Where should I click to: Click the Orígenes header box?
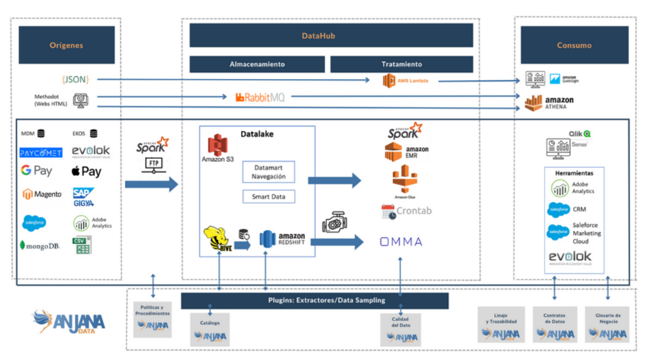click(67, 45)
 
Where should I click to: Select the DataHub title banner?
click(331, 35)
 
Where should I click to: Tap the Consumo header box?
click(574, 45)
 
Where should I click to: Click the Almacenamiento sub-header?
click(257, 64)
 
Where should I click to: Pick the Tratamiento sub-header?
click(401, 64)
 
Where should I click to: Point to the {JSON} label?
click(75, 80)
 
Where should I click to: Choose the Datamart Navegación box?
click(268, 172)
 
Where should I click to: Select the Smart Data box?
click(268, 197)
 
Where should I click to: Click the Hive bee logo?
click(219, 240)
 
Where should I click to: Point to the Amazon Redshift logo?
click(282, 239)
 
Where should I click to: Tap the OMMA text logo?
click(401, 241)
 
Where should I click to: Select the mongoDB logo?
click(41, 245)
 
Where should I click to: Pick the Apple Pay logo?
click(86, 172)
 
